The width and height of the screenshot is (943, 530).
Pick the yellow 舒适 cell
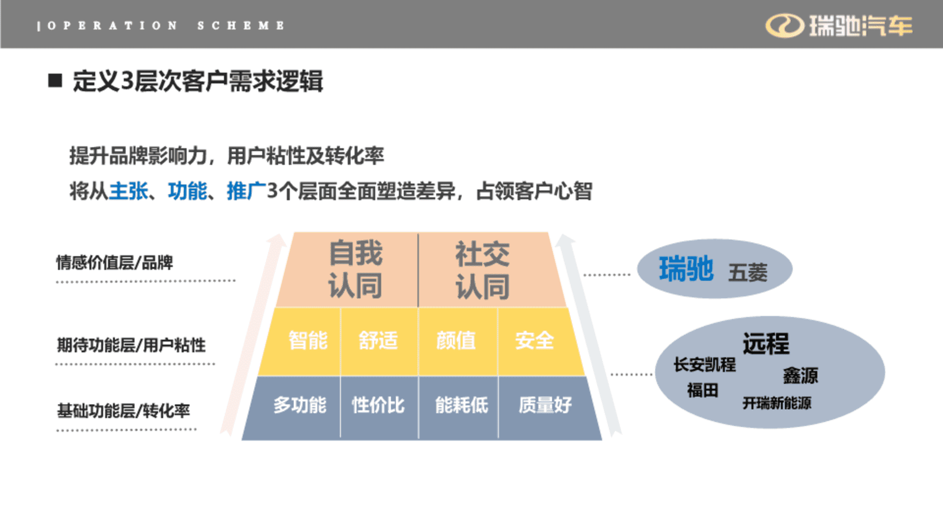pyautogui.click(x=379, y=342)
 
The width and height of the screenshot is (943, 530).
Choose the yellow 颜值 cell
pyautogui.click(x=458, y=342)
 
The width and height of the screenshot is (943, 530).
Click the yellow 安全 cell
pyautogui.click(x=539, y=342)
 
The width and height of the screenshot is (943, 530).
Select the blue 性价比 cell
pyautogui.click(x=379, y=407)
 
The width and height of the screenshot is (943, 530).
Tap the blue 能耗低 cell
pyautogui.click(x=458, y=407)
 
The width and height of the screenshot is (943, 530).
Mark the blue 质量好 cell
pyautogui.click(x=548, y=407)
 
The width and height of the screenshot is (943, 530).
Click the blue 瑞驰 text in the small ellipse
pyautogui.click(x=686, y=269)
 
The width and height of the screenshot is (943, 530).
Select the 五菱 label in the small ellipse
pyautogui.click(x=748, y=273)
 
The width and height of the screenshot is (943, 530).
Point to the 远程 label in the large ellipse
pyautogui.click(x=766, y=344)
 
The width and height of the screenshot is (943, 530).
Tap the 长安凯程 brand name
pyautogui.click(x=705, y=365)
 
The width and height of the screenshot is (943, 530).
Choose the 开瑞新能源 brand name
pyautogui.click(x=777, y=403)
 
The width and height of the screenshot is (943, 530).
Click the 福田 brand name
pyautogui.click(x=703, y=391)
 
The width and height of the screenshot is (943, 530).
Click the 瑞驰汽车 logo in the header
pyautogui.click(x=839, y=26)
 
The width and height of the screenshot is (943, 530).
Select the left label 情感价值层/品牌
pyautogui.click(x=114, y=263)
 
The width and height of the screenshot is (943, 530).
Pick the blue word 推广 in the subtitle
pyautogui.click(x=247, y=191)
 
